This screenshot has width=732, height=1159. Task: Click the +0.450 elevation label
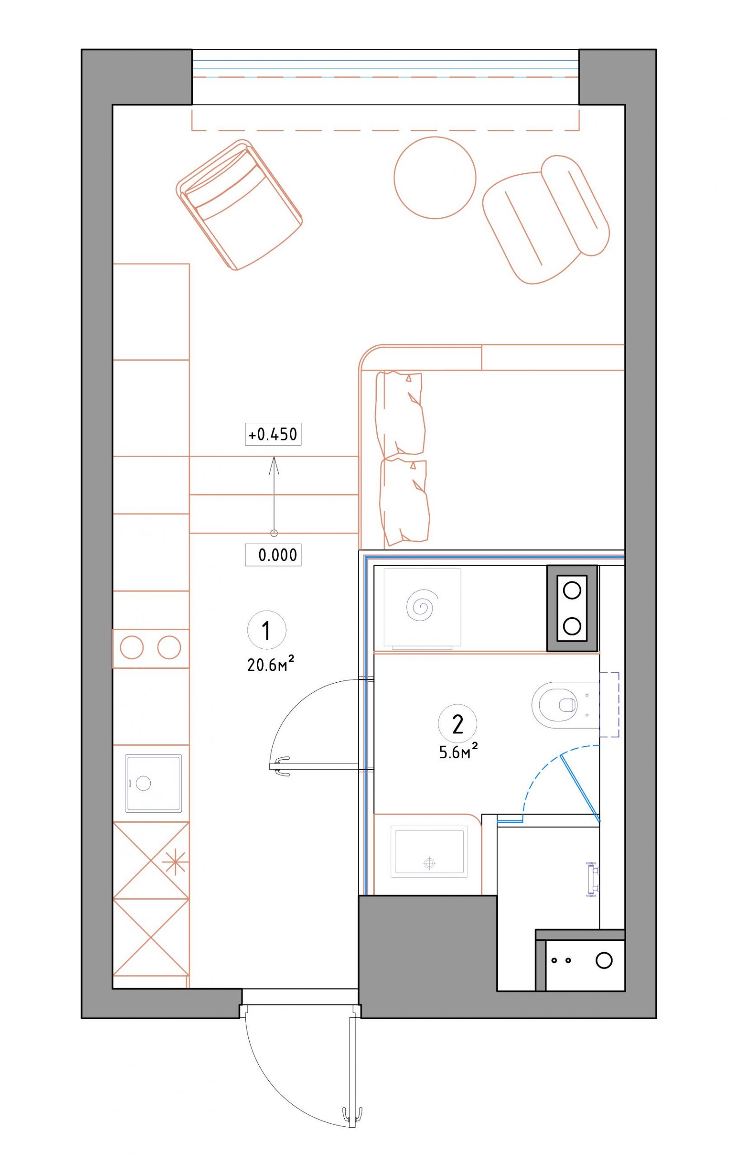click(273, 435)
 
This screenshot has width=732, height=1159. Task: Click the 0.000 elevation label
click(273, 555)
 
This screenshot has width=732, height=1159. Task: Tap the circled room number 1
click(266, 631)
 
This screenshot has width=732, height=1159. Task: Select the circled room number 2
click(457, 724)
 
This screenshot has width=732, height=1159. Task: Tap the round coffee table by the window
click(435, 178)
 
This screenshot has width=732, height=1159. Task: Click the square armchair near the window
click(239, 205)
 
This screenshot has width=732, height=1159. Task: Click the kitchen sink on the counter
click(154, 783)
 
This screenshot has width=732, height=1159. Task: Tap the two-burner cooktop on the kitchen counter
click(151, 648)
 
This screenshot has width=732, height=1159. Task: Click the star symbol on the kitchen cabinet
click(175, 861)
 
